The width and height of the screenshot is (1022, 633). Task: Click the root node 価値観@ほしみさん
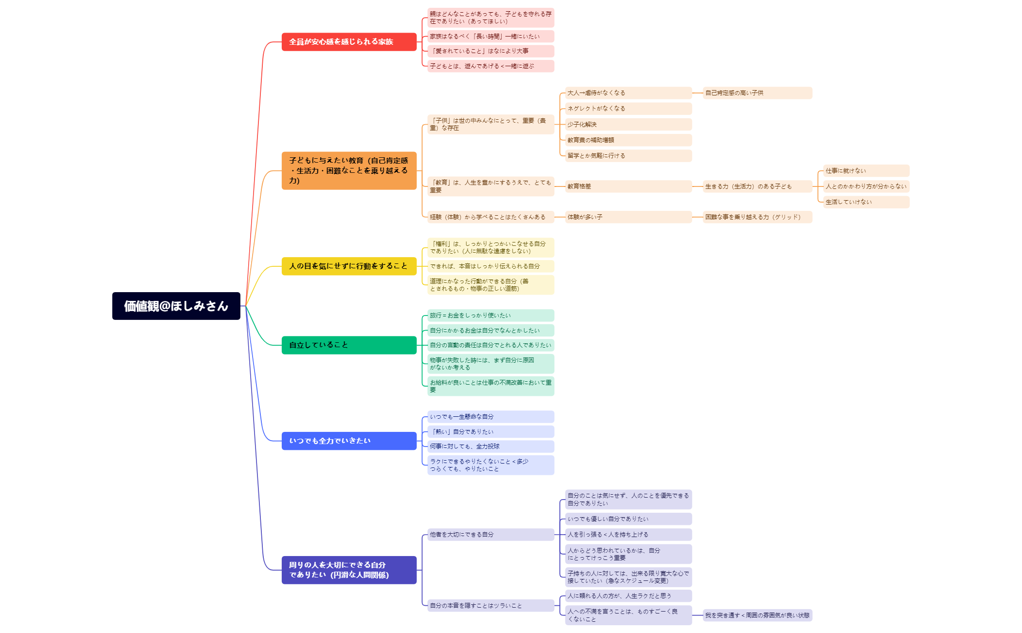[176, 306]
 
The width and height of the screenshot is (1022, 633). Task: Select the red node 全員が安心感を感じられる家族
[348, 42]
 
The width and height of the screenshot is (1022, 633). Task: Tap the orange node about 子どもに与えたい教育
[348, 170]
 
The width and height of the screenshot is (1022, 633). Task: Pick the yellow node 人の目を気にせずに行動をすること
[348, 266]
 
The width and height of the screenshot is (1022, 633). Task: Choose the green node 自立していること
[348, 345]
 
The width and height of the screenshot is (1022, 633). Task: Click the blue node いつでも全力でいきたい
[348, 441]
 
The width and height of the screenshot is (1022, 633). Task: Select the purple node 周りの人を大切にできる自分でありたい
[348, 570]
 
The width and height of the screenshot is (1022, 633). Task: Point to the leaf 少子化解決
[628, 124]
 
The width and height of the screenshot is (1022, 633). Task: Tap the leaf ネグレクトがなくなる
[628, 109]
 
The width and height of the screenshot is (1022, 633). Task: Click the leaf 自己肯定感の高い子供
[757, 93]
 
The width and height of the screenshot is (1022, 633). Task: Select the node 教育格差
[628, 186]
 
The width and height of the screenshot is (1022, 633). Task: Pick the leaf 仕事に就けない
[866, 171]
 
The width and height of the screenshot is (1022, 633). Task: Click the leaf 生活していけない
[866, 202]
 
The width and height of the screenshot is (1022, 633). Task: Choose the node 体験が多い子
[628, 217]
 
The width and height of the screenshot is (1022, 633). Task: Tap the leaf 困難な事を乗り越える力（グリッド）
[757, 217]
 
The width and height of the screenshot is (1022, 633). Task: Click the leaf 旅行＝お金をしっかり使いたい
[490, 316]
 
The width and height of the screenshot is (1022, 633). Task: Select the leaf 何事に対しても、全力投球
[490, 447]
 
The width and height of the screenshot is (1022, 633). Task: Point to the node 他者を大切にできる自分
[490, 535]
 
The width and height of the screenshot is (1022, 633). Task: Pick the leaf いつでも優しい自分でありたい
[628, 519]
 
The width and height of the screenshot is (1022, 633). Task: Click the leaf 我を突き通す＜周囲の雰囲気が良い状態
[757, 615]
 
